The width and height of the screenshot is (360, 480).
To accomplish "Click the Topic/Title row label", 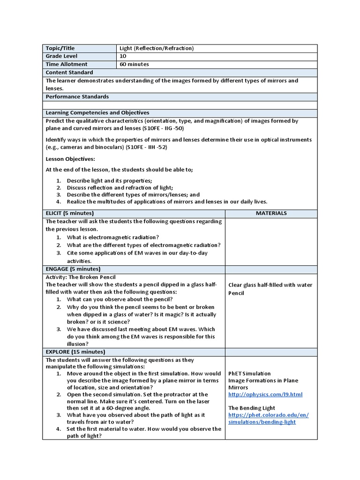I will coord(60,48).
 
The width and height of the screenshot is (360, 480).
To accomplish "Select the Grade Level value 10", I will coord(123,56).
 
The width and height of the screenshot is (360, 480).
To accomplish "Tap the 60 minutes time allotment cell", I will coord(134,64).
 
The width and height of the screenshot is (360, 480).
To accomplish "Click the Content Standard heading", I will coord(69,73).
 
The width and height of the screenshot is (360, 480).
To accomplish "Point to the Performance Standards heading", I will coord(77,97).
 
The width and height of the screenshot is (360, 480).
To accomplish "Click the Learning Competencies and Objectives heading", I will coord(97,112).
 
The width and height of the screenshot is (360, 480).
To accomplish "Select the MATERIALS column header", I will coord(271,213).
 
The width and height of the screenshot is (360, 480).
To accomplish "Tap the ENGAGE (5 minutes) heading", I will coord(73,269).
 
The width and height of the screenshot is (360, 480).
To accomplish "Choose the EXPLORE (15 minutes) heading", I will coord(75,352).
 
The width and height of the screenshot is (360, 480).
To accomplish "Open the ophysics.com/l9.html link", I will coord(265,395).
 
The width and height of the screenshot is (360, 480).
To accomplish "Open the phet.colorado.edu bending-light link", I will coord(269,419).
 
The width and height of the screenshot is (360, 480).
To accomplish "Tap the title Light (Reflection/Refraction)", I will coord(157,48).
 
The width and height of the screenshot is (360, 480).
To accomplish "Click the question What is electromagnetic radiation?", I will coord(112,237).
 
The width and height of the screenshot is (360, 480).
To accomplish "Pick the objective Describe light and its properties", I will coord(109,180).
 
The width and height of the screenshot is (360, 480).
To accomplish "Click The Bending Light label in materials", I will coord(252,408).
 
